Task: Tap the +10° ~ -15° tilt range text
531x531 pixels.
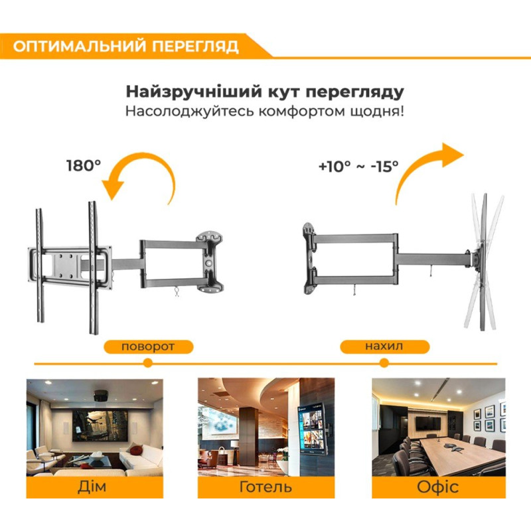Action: point(358,166)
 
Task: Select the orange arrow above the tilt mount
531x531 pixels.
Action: point(425,166)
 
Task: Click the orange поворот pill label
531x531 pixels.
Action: point(148,346)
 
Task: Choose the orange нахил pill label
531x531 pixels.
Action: point(384,346)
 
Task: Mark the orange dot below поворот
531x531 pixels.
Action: point(148,363)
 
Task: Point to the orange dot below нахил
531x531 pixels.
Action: point(384,363)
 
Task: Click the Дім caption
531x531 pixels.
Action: point(94,487)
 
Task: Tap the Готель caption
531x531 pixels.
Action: point(265,487)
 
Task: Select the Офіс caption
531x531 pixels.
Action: point(437,487)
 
